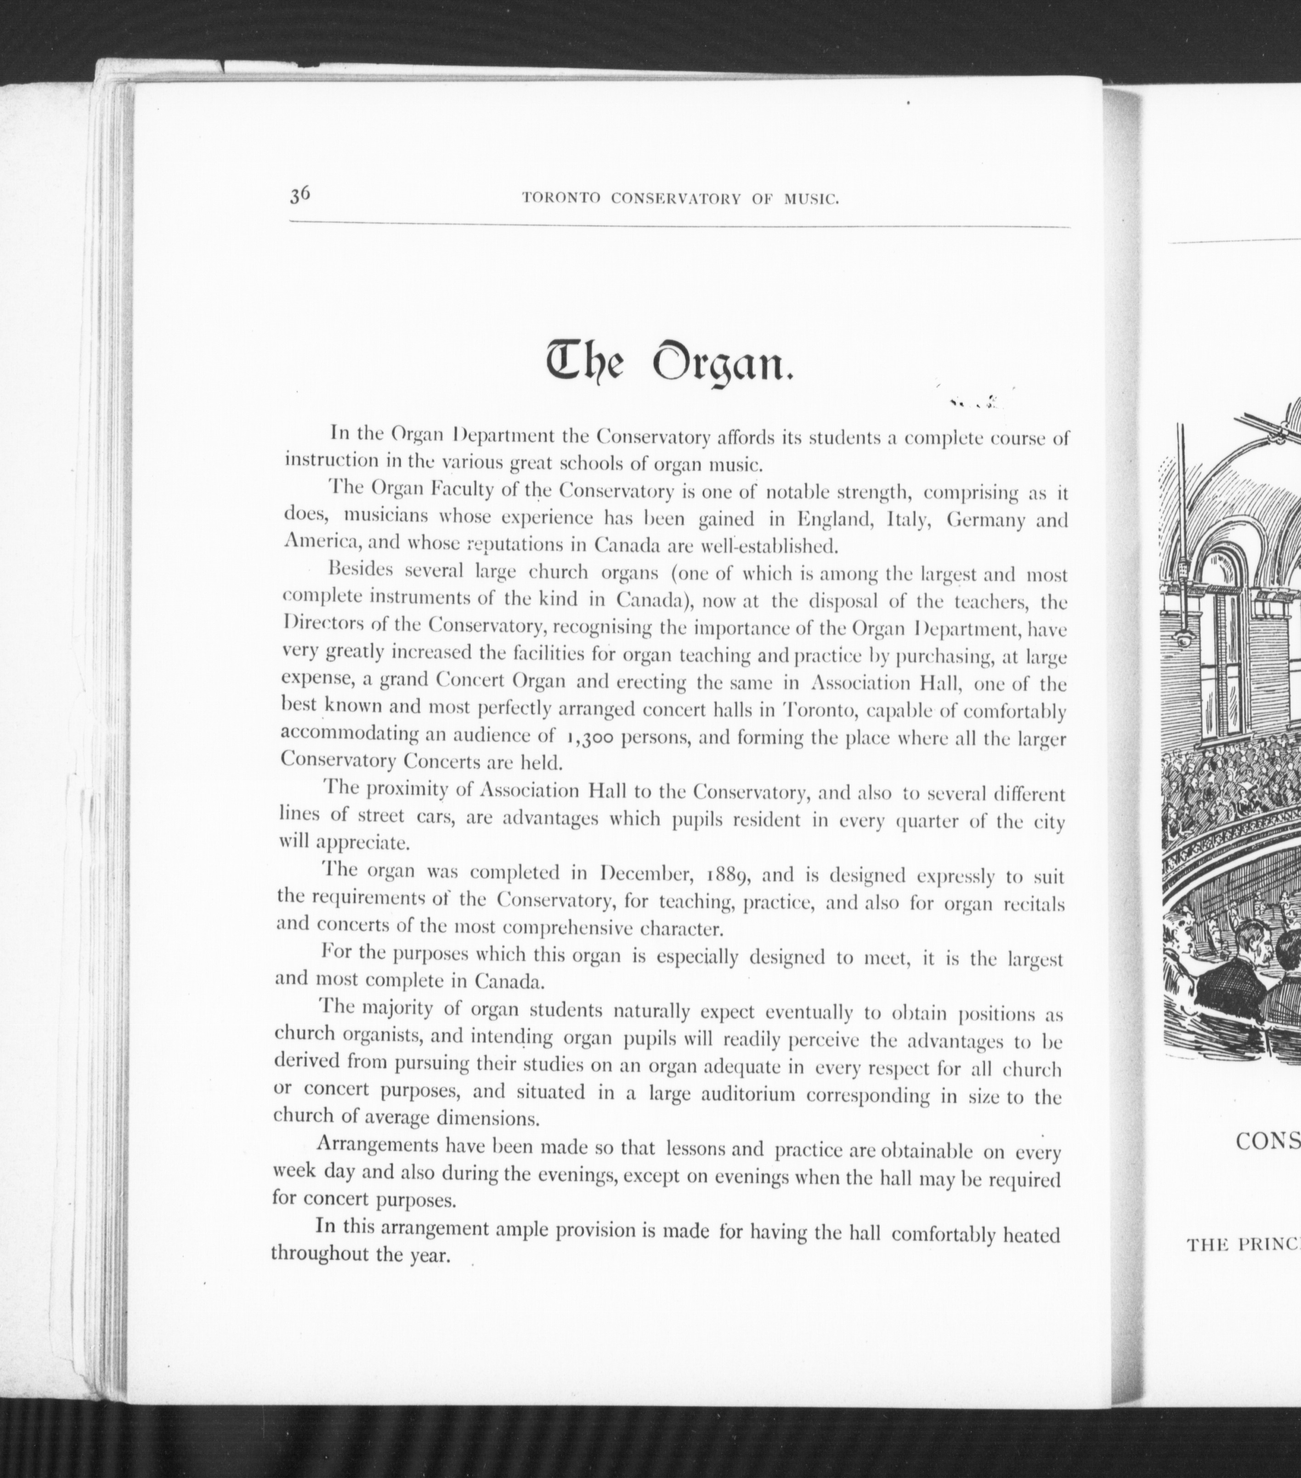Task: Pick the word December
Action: point(645,874)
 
